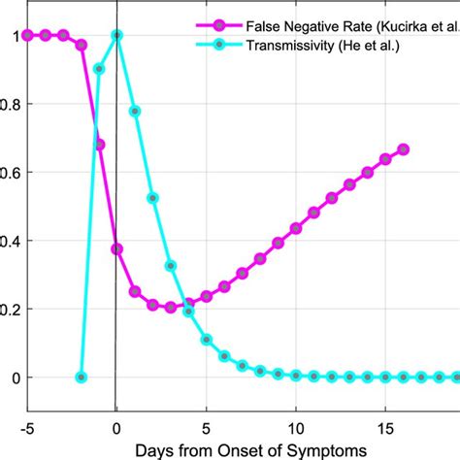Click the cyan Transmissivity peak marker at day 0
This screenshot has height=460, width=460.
click(x=117, y=35)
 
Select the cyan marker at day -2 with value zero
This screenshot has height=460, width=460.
click(x=82, y=377)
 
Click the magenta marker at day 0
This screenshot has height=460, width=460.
click(x=117, y=248)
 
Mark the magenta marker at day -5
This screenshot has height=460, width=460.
click(x=27, y=35)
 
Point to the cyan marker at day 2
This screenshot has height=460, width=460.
click(x=152, y=198)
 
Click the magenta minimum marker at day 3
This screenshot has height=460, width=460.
click(x=171, y=307)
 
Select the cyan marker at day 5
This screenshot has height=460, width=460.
click(x=207, y=340)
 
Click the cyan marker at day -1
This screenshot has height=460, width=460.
click(x=99, y=69)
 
